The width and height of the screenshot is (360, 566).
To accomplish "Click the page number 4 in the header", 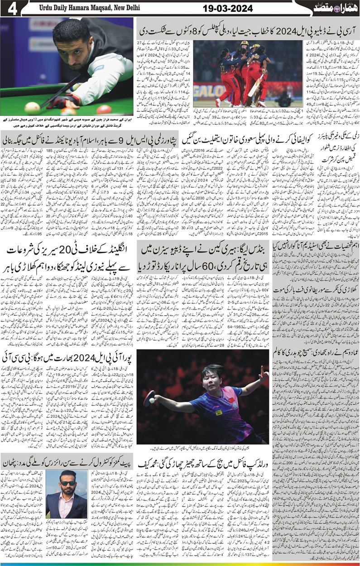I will pyautogui.click(x=10, y=8).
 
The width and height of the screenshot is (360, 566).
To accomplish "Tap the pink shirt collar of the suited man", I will pyautogui.click(x=68, y=498).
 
